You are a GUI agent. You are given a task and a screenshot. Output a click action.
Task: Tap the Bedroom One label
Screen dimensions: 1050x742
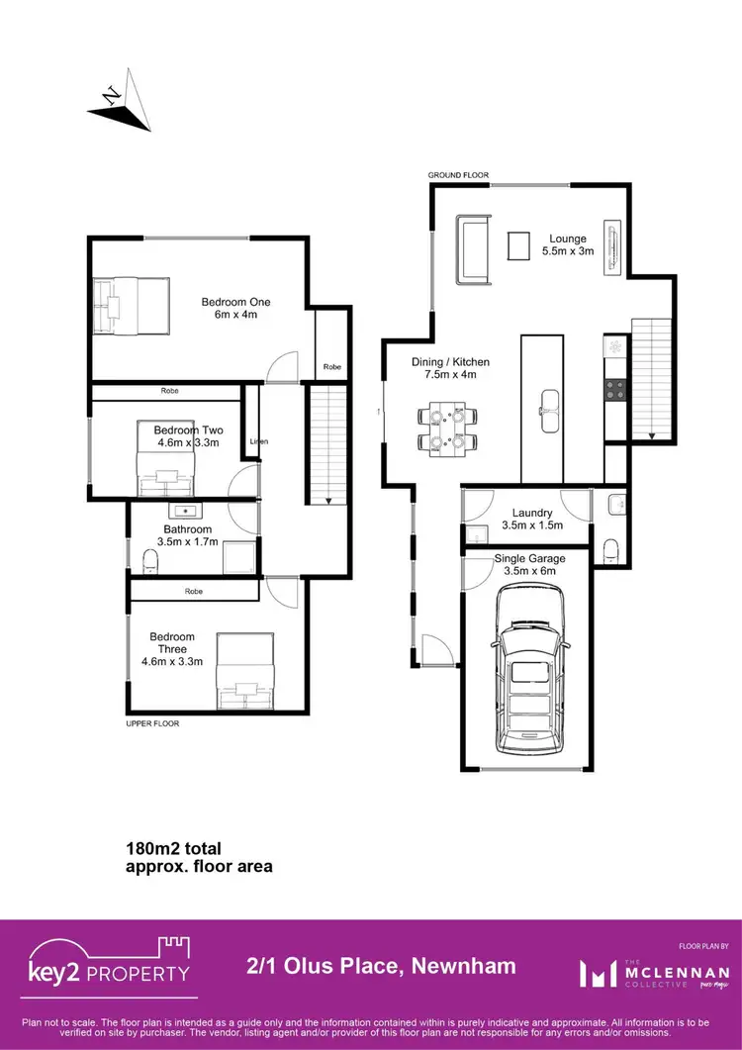click(235, 308)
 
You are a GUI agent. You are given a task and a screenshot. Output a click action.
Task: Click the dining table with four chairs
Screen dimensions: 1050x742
click(448, 429)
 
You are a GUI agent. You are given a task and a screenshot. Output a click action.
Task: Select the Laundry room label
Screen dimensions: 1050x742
click(531, 519)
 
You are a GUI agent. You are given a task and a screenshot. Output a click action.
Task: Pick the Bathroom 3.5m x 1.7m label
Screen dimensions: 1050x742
click(187, 535)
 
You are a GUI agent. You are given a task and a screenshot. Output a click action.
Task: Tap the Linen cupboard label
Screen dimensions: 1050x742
click(259, 441)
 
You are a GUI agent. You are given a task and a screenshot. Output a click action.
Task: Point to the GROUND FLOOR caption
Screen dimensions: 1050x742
click(458, 175)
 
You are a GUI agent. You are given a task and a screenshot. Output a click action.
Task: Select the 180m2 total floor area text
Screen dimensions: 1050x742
click(198, 857)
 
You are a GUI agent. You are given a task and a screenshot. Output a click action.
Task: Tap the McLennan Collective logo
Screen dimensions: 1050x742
click(654, 974)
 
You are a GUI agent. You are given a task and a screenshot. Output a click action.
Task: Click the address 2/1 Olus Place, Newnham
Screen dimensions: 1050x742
click(379, 966)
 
